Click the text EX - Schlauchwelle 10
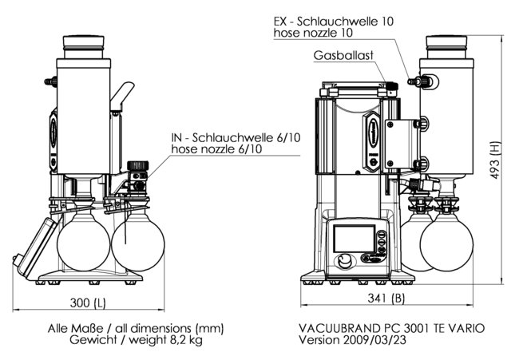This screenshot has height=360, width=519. (336, 20)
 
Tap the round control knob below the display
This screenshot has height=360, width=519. (344, 262)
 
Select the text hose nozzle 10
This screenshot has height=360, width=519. (314, 33)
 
